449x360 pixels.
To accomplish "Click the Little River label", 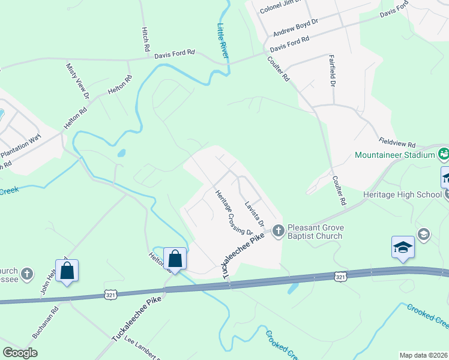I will pyautogui.click(x=223, y=41).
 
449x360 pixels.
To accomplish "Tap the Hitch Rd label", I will pyautogui.click(x=145, y=39).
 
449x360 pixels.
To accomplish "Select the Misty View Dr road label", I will pyautogui.click(x=77, y=81).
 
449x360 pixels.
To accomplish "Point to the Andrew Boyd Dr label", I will pyautogui.click(x=295, y=27).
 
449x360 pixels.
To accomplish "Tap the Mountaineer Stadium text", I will pyautogui.click(x=394, y=155).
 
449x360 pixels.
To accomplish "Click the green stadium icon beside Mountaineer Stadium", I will pyautogui.click(x=444, y=154).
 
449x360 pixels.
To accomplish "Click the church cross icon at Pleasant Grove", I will pyautogui.click(x=278, y=230).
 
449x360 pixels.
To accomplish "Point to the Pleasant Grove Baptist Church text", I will pyautogui.click(x=315, y=232).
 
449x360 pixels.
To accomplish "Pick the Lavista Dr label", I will pyautogui.click(x=255, y=214).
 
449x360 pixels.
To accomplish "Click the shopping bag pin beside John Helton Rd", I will pyautogui.click(x=67, y=271).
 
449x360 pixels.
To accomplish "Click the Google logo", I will pyautogui.click(x=20, y=353).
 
